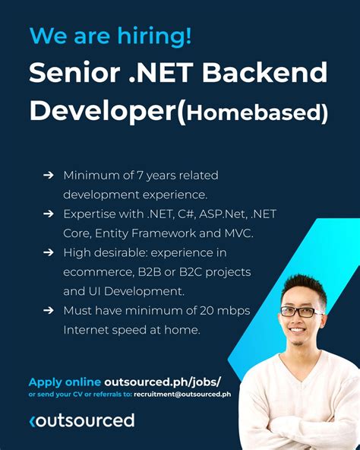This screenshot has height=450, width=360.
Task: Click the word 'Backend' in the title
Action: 273,73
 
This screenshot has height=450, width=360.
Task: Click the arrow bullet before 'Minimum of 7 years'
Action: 48,176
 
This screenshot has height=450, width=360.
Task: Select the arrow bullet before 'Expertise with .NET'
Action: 48,214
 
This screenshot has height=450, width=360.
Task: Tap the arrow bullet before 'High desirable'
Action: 48,252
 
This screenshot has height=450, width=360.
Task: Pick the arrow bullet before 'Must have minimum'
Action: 48,310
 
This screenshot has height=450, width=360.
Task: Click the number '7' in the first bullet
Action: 134,176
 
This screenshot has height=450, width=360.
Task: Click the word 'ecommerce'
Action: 96,271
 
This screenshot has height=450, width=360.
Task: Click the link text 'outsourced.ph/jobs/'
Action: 163,382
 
